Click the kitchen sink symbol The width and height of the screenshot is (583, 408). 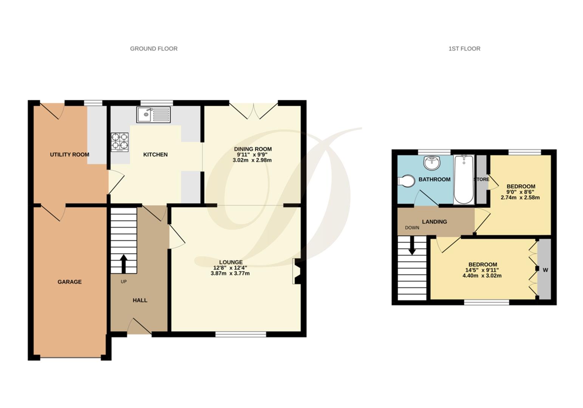153,115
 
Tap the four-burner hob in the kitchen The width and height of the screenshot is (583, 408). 119,142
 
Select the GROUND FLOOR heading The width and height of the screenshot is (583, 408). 153,48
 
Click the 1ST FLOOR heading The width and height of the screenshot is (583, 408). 464,48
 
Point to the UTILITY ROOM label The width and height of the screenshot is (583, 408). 70,155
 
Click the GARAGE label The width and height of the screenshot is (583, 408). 70,282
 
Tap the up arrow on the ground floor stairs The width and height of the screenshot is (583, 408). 124,263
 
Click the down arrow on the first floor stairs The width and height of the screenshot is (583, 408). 412,246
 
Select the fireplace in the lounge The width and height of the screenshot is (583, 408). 297,271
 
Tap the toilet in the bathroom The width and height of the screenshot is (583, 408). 406,181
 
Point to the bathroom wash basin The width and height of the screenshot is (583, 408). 432,163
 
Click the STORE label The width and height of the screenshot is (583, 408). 481,179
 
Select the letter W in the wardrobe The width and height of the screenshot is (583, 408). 545,270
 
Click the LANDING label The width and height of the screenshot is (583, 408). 435,222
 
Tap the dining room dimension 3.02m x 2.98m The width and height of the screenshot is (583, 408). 252,160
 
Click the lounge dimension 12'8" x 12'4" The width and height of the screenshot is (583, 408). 230,268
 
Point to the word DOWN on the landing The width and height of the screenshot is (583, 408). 412,228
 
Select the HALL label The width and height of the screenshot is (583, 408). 140,300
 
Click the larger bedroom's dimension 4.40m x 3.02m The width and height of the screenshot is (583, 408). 482,276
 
